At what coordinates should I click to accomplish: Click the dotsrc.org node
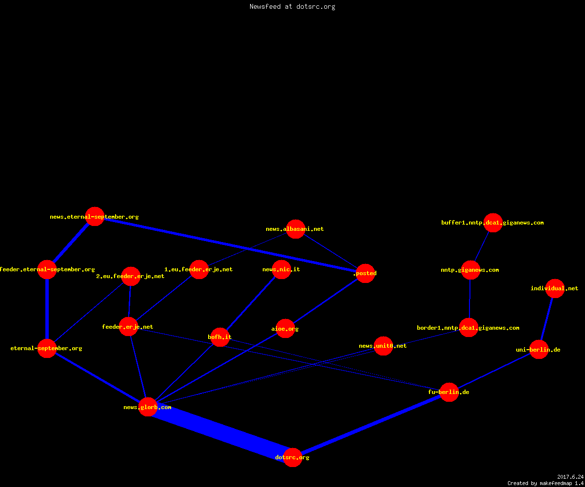point(292,457)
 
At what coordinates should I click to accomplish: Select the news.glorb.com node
point(148,407)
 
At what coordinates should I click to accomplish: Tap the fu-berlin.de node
point(449,392)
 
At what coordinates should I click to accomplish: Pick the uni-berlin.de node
point(539,349)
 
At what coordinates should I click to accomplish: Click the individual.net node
point(555,288)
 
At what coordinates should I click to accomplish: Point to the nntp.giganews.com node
point(471,270)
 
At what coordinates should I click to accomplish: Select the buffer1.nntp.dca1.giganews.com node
point(493,223)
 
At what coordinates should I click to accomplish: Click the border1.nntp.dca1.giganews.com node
point(468,327)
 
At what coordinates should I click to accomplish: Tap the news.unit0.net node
point(383,346)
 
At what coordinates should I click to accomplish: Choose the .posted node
point(365,273)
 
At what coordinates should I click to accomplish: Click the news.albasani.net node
point(295,229)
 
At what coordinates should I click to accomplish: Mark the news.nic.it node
point(282,269)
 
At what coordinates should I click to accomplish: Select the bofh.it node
point(220,337)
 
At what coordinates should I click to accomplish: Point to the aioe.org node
point(285,329)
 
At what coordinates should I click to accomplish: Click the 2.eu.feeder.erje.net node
point(131,276)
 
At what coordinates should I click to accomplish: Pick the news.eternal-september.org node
point(95,216)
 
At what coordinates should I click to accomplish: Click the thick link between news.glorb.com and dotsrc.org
point(220,432)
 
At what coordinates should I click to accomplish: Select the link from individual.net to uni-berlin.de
point(546,319)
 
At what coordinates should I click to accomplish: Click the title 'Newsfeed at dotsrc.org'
point(292,6)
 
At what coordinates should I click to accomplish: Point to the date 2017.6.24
point(570,477)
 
